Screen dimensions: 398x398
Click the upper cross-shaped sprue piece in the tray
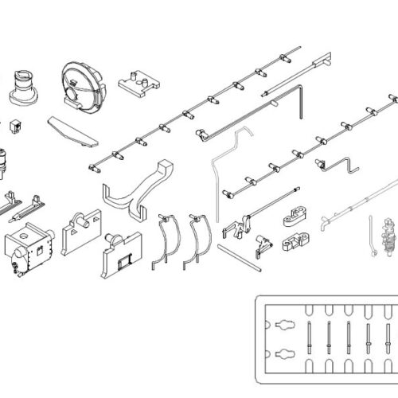click(283, 325)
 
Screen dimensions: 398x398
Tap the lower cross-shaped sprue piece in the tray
click(283, 355)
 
